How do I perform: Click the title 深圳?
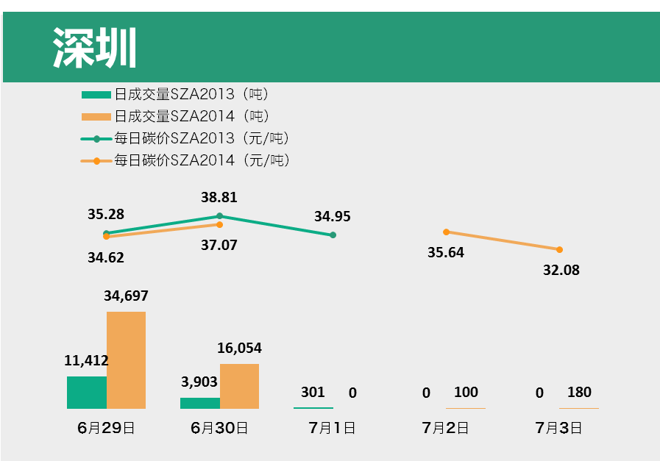[x=95, y=49]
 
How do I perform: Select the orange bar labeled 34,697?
[x=126, y=360]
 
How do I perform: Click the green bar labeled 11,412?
[x=87, y=392]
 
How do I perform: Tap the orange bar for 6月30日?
[x=239, y=386]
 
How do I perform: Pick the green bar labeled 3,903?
[x=200, y=403]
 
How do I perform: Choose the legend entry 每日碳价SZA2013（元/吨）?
[x=186, y=138]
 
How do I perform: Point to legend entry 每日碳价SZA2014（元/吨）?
[x=186, y=160]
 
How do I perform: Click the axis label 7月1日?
[x=332, y=428]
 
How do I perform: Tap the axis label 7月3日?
[x=558, y=428]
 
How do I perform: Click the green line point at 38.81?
[x=219, y=216]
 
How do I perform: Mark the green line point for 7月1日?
[x=333, y=235]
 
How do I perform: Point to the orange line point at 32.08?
[x=559, y=249]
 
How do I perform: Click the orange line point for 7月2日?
[x=446, y=232]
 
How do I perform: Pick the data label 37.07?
[x=219, y=245]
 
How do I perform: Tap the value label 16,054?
[x=239, y=349]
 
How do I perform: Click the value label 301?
[x=313, y=393]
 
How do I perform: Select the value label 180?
[x=579, y=393]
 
